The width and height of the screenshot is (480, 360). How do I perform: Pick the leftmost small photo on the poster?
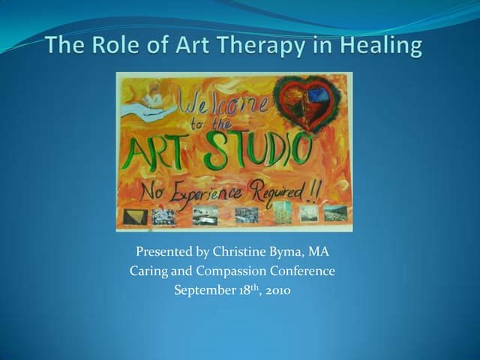pos(136,217)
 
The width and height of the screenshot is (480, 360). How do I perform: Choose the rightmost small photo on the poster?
pos(334,213)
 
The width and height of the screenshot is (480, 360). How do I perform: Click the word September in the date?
pos(202,289)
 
